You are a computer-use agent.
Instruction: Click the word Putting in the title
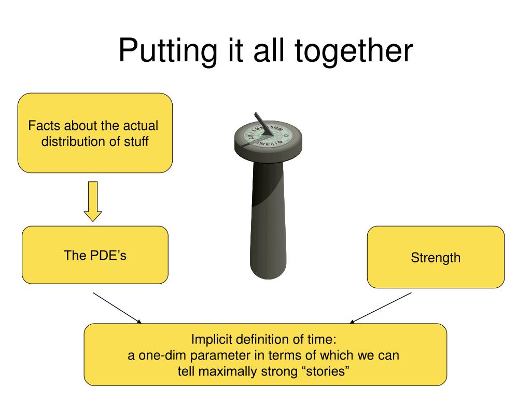(167, 51)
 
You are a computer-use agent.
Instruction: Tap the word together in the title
(354, 51)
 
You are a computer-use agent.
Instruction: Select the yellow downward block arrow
(93, 202)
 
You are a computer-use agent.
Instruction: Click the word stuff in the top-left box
(136, 141)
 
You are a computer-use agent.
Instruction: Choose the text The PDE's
(95, 255)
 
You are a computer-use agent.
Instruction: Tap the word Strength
(436, 258)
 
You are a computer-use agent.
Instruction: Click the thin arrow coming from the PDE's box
(117, 308)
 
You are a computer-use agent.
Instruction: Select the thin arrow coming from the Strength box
(381, 308)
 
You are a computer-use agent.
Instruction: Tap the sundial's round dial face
(268, 135)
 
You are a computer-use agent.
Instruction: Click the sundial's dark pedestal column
(268, 220)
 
